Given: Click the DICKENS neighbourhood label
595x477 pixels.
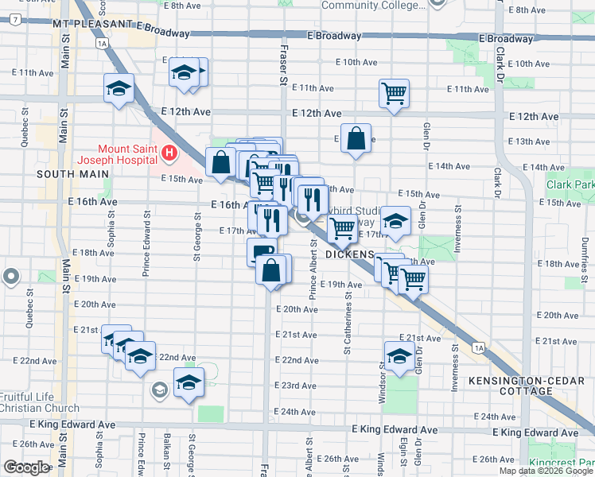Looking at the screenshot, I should (x=350, y=254).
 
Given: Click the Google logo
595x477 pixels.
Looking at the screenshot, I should (x=26, y=467).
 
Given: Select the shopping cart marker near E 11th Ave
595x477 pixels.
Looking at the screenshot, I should (x=394, y=93).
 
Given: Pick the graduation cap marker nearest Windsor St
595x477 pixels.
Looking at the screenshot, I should (x=399, y=355).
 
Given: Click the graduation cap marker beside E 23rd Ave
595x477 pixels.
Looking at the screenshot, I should (x=189, y=385).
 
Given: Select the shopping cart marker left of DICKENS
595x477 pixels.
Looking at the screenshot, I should (x=342, y=228).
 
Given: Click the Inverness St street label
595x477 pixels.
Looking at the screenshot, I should (x=457, y=231).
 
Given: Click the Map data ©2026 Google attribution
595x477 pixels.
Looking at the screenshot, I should (x=545, y=471).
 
